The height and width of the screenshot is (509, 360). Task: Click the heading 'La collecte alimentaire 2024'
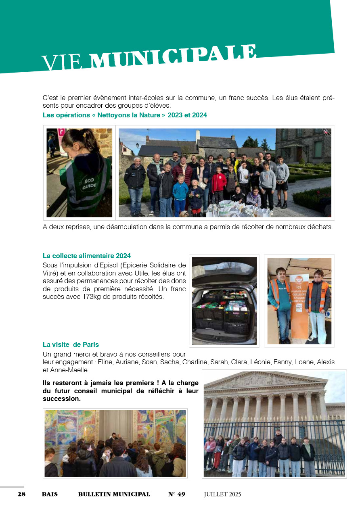coord(87,256)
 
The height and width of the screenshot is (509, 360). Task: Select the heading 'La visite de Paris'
coord(71,344)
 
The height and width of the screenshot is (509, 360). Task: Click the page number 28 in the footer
coord(21,494)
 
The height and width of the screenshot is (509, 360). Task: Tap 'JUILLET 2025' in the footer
coord(222,494)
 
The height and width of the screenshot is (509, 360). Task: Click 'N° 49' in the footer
coord(177,494)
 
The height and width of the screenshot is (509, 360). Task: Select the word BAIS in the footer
coord(50,494)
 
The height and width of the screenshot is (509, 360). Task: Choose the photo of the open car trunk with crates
coord(224,300)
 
